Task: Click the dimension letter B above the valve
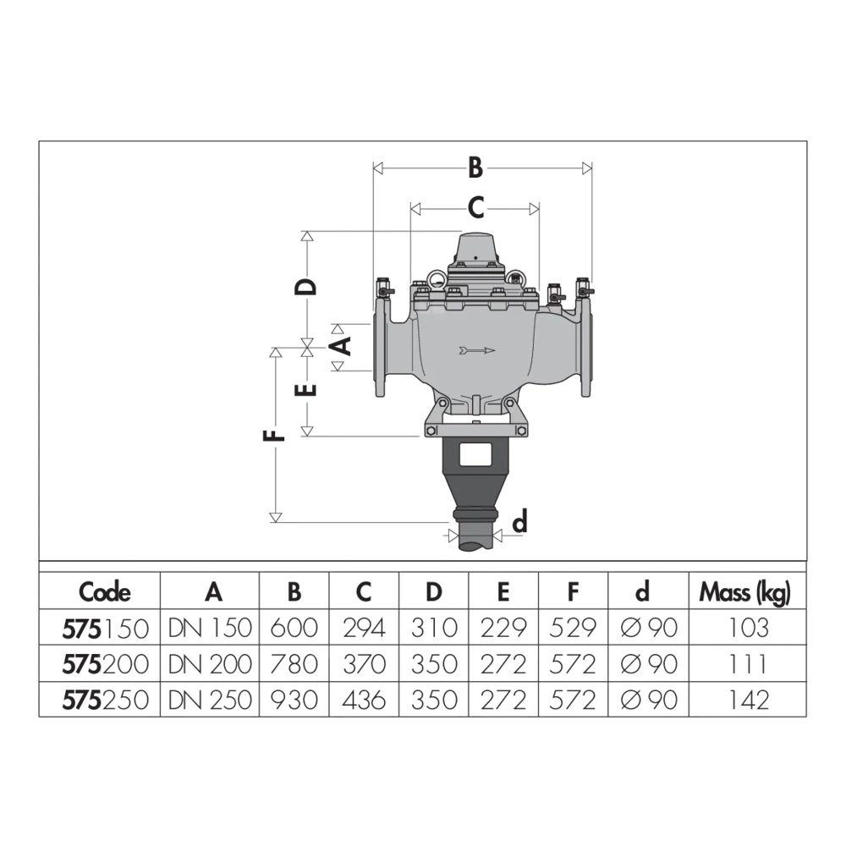(475, 168)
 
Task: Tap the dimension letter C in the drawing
(475, 208)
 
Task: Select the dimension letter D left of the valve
(305, 287)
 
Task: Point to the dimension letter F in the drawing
(274, 436)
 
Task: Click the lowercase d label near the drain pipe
(519, 522)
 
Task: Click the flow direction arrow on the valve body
(477, 351)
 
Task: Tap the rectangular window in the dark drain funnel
(475, 455)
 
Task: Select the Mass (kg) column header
(744, 593)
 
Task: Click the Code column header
(105, 592)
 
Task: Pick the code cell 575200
(105, 664)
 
